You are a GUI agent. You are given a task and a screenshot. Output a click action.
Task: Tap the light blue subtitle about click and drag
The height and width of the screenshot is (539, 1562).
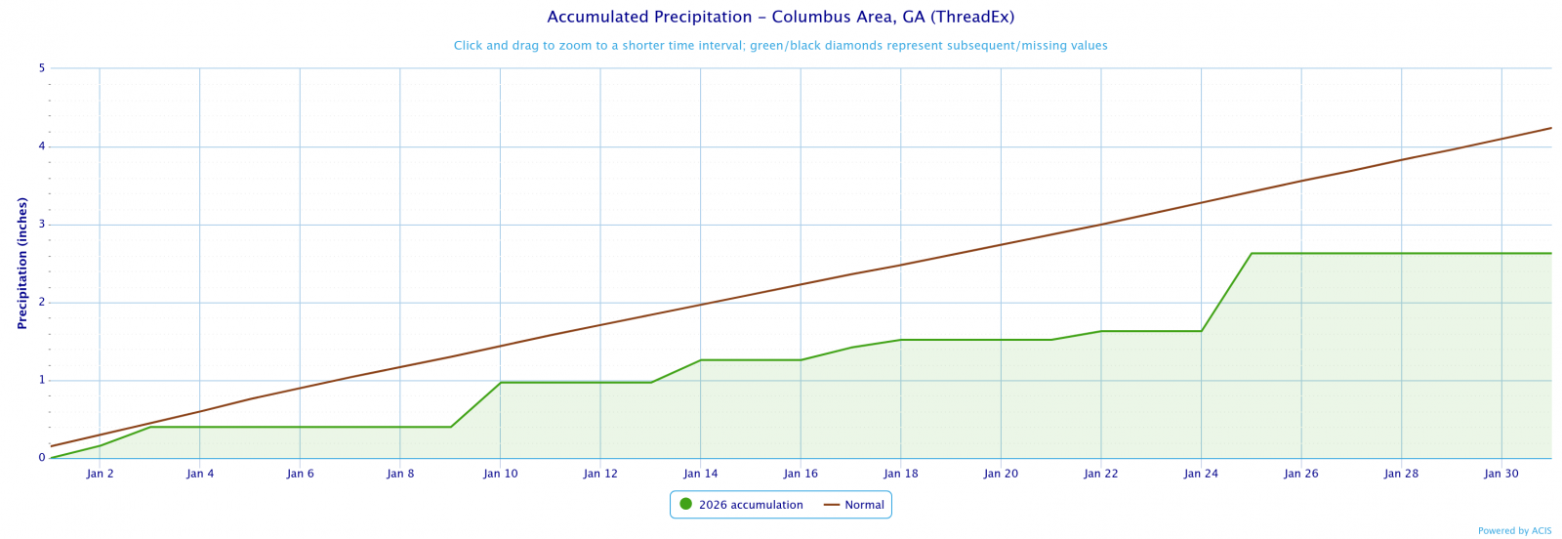pyautogui.click(x=780, y=46)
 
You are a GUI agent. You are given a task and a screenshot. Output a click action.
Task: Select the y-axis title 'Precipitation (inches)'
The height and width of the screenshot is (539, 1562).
pyautogui.click(x=21, y=263)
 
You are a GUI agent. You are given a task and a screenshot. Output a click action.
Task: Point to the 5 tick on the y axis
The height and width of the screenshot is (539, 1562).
pyautogui.click(x=42, y=68)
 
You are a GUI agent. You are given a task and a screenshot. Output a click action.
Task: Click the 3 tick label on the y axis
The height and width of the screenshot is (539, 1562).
pyautogui.click(x=42, y=225)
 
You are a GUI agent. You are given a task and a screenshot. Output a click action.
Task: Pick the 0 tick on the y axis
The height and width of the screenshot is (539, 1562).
pyautogui.click(x=42, y=458)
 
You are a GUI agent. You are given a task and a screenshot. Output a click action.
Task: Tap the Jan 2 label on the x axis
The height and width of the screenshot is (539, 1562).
pyautogui.click(x=100, y=474)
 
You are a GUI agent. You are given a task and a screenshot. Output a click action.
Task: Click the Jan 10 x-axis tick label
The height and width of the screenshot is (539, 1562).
pyautogui.click(x=500, y=474)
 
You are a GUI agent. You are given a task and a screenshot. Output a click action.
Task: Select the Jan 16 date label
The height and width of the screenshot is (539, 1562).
pyautogui.click(x=801, y=474)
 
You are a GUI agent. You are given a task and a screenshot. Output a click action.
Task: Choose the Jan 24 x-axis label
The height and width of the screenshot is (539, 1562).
pyautogui.click(x=1201, y=474)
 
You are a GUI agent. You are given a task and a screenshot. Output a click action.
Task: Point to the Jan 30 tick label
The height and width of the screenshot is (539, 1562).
pyautogui.click(x=1500, y=474)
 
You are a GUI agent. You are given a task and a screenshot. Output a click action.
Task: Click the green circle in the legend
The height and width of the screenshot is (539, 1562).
pyautogui.click(x=685, y=505)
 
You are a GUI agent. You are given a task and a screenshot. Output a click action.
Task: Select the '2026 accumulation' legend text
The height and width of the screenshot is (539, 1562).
pyautogui.click(x=751, y=505)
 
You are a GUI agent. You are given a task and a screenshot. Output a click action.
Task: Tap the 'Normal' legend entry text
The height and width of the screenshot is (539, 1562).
pyautogui.click(x=864, y=505)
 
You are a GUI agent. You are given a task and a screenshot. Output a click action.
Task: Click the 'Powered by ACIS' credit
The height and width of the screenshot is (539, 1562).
pyautogui.click(x=1514, y=531)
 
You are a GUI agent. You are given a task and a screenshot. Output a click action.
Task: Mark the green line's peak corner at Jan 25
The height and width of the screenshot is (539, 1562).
pyautogui.click(x=1252, y=254)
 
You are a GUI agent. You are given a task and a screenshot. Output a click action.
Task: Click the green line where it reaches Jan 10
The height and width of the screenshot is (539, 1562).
pyautogui.click(x=500, y=383)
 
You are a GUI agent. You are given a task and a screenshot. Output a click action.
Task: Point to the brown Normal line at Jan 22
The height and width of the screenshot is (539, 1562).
pyautogui.click(x=1100, y=225)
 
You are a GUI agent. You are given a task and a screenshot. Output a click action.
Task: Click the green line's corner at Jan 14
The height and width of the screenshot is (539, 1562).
pyautogui.click(x=700, y=360)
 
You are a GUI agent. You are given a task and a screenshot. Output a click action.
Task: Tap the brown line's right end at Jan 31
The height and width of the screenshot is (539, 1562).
pyautogui.click(x=1550, y=128)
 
